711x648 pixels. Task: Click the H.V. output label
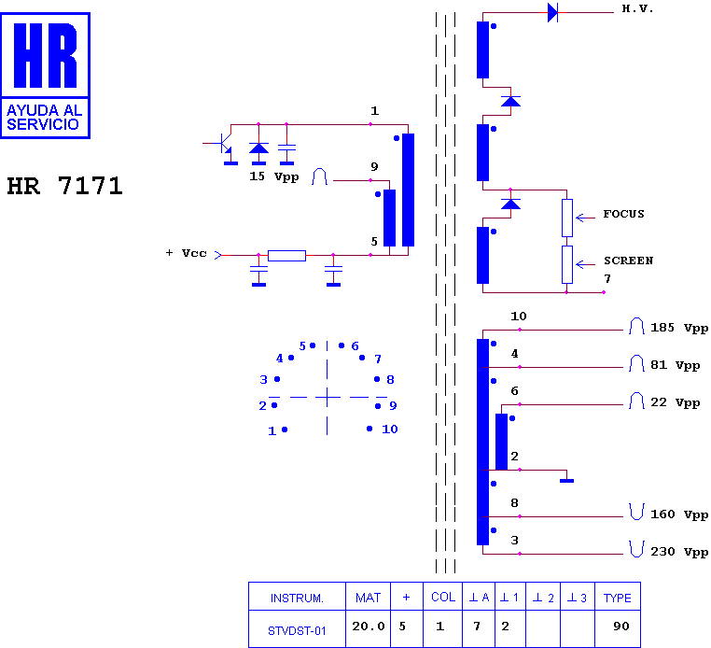coord(637,8)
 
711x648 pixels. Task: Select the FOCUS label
coord(623,214)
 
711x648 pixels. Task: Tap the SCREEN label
coord(628,261)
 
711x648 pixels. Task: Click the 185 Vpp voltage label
coord(678,328)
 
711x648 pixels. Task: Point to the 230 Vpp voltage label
coord(678,551)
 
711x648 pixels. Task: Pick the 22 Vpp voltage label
coord(675,402)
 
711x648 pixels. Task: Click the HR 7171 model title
coord(64,186)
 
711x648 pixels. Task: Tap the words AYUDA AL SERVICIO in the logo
coord(44,117)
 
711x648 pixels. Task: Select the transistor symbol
coord(225,145)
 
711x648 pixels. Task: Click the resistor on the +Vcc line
coord(286,256)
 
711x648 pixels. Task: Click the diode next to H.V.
coord(552,12)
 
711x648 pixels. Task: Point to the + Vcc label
coord(186,253)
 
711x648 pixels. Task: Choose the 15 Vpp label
coord(274,176)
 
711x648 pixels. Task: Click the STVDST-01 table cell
coord(297,631)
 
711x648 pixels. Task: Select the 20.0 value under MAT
coord(369,627)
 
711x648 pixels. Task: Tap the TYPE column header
coord(617,599)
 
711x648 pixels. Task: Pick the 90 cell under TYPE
coord(620,627)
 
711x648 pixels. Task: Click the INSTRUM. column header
coord(297,599)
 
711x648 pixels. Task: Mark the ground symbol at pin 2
coord(566,481)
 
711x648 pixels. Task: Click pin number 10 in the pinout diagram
coord(389,429)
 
